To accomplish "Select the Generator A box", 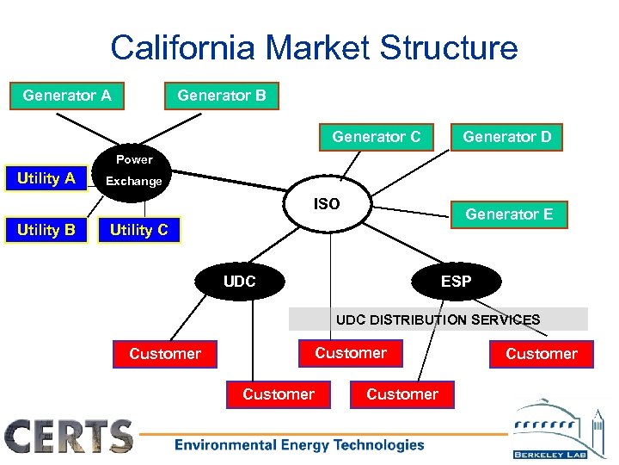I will (x=66, y=96).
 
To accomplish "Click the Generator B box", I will (x=221, y=96).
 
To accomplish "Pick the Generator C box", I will (x=376, y=137).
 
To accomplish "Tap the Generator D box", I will (x=507, y=137).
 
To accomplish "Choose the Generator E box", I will (x=509, y=214).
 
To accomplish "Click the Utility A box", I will (x=46, y=178).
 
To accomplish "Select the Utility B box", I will (x=46, y=230).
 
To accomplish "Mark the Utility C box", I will (x=138, y=230).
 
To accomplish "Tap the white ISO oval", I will (x=327, y=204).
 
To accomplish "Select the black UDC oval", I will (x=239, y=282).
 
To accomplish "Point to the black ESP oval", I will (x=456, y=282).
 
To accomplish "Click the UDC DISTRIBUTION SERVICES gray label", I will (x=438, y=319).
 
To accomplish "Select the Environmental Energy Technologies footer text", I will (x=299, y=445).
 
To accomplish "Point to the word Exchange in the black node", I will (x=133, y=182).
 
